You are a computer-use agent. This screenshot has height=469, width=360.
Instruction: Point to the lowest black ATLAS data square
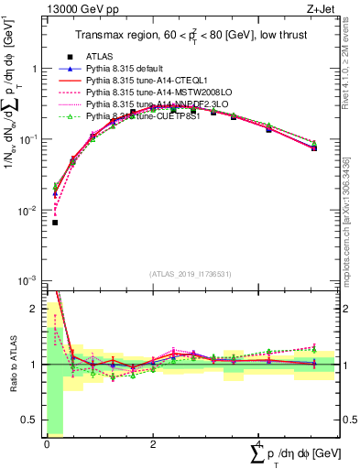point(55,223)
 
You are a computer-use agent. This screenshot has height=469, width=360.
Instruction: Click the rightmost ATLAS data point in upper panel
point(314,147)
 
